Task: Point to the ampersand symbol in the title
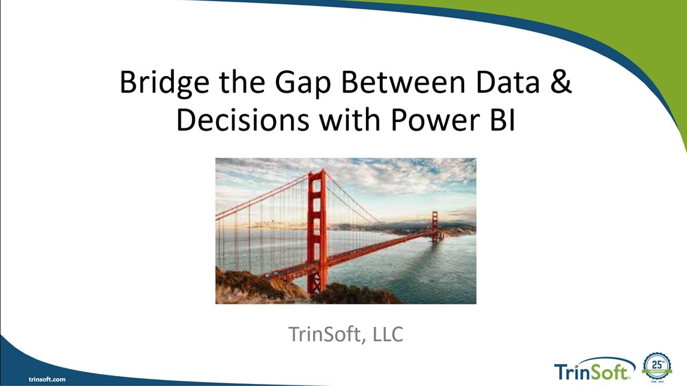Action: (x=561, y=82)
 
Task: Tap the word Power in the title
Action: (x=432, y=120)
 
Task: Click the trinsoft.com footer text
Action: (x=47, y=379)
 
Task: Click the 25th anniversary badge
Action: (x=657, y=367)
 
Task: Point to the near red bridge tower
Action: (x=317, y=225)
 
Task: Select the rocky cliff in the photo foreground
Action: (x=252, y=287)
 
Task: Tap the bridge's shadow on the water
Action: (x=408, y=263)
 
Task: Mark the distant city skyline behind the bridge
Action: (x=268, y=224)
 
